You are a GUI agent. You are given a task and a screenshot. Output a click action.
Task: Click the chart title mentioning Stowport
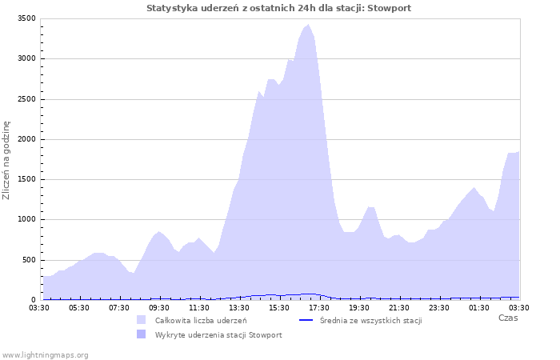(x=279, y=8)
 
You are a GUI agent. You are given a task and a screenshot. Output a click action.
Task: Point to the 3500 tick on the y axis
(x=26, y=18)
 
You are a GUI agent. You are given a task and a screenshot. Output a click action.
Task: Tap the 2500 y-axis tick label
(x=26, y=99)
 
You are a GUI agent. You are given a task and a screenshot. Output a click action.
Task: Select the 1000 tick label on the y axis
(x=26, y=220)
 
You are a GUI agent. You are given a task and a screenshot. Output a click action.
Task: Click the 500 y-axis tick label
(x=29, y=260)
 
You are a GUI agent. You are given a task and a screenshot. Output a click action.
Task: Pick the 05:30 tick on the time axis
(x=79, y=307)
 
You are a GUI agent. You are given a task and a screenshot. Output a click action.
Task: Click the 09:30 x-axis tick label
(x=159, y=307)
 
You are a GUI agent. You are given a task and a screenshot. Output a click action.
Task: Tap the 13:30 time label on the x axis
(x=239, y=307)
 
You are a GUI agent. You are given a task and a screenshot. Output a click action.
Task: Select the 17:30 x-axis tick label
(x=319, y=307)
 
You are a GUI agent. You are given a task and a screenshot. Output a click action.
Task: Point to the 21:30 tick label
(x=399, y=307)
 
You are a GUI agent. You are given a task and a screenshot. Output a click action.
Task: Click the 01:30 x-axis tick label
(x=479, y=307)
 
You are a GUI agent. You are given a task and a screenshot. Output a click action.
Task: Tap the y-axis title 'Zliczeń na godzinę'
(x=6, y=160)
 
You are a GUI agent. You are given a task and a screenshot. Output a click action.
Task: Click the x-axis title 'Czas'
(x=508, y=318)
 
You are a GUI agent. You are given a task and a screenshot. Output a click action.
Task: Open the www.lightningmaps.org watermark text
(x=45, y=354)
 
